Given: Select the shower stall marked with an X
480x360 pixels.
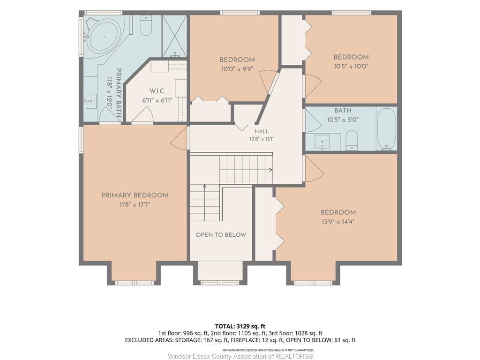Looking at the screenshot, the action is (x=174, y=36).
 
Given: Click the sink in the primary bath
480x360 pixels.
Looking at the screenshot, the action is (x=90, y=101).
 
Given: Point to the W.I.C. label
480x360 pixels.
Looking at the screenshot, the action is (x=157, y=91).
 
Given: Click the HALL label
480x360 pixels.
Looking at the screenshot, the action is (x=262, y=131).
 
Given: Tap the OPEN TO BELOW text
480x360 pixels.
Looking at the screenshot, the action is (x=221, y=235).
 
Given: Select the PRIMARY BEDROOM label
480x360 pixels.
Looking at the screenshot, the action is (x=135, y=195).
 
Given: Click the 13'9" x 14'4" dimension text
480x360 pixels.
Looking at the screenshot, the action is (x=338, y=222).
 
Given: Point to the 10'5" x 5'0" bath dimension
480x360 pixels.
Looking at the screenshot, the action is (x=343, y=120).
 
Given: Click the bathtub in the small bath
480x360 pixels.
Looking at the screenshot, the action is (x=386, y=129).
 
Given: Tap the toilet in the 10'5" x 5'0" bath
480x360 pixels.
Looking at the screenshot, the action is (x=352, y=140).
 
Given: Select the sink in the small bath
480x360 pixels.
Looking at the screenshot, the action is (x=322, y=142).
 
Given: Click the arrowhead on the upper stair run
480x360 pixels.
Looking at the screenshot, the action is (x=270, y=170).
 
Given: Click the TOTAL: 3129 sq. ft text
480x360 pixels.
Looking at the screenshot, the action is (x=238, y=326).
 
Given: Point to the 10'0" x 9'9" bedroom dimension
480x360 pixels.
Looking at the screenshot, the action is (x=237, y=69).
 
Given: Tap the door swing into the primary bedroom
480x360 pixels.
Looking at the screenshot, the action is (x=179, y=138).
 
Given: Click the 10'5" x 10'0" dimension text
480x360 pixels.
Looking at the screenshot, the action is (x=351, y=67).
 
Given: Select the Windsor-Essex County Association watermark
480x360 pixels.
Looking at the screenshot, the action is (x=240, y=356).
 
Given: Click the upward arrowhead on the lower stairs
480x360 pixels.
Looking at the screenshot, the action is (x=205, y=186).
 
